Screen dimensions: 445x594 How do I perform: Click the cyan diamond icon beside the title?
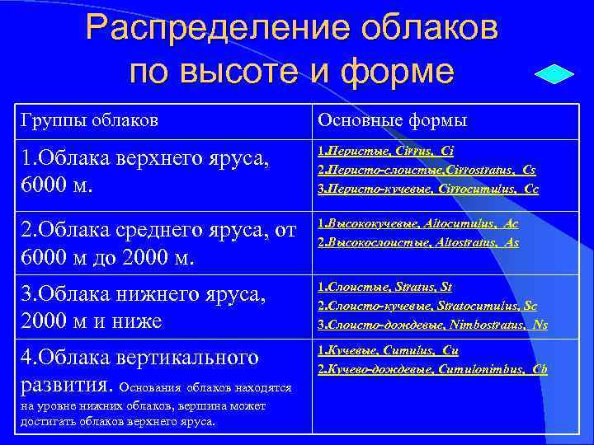point(554,73)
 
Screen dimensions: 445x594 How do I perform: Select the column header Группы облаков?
point(89,120)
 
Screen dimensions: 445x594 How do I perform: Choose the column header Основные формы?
point(393,120)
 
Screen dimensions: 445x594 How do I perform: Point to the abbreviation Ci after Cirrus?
point(447,152)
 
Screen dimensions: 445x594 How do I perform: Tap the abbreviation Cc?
point(531,188)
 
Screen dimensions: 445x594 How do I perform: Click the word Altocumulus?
point(461,223)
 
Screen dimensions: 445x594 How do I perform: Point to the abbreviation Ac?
point(511,223)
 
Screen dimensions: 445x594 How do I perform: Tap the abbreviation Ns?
point(540,324)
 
